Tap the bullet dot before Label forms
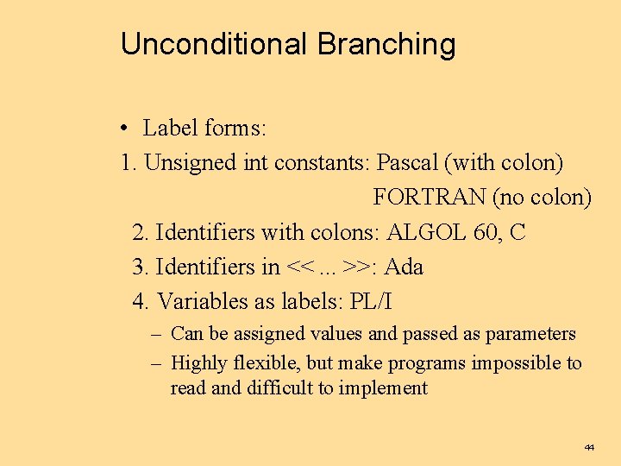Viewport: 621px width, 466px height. click(126, 129)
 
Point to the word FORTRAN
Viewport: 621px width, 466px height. click(429, 198)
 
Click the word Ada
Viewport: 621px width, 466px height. click(404, 267)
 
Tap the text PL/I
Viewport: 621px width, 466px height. click(372, 302)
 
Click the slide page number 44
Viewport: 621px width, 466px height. click(589, 448)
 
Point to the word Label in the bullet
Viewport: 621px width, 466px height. click(171, 129)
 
